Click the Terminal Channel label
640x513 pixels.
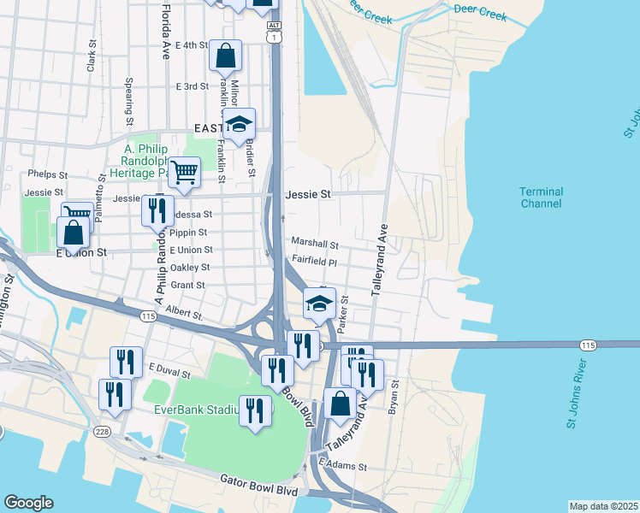click(x=541, y=198)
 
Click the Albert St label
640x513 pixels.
click(x=184, y=315)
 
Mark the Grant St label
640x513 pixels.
click(x=188, y=286)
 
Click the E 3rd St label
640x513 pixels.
click(x=192, y=86)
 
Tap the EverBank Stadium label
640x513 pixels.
click(x=195, y=410)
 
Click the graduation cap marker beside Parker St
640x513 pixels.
click(x=319, y=304)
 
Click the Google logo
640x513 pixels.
click(x=28, y=503)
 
